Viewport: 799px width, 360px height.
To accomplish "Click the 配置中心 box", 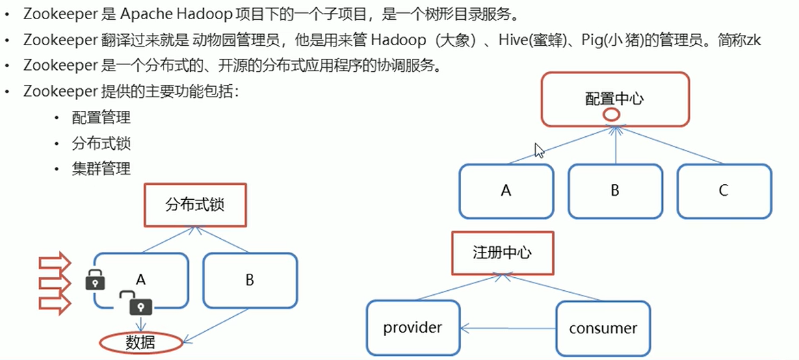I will click(615, 99).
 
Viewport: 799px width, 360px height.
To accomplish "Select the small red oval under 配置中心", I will click(611, 116).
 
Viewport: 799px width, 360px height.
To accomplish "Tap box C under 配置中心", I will click(724, 190).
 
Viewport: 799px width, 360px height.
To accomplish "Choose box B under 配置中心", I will click(615, 190).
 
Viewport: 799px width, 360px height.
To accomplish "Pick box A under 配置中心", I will click(506, 190).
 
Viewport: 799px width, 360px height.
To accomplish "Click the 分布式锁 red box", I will click(195, 204).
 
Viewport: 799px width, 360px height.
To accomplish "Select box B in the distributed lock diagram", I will click(250, 280).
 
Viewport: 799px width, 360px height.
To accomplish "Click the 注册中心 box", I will click(502, 253).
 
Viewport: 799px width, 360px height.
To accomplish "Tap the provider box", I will click(412, 328).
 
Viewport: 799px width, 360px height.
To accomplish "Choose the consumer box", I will click(603, 328).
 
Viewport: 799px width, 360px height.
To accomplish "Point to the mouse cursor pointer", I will click(539, 150).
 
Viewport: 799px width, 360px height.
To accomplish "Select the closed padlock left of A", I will click(95, 279).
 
